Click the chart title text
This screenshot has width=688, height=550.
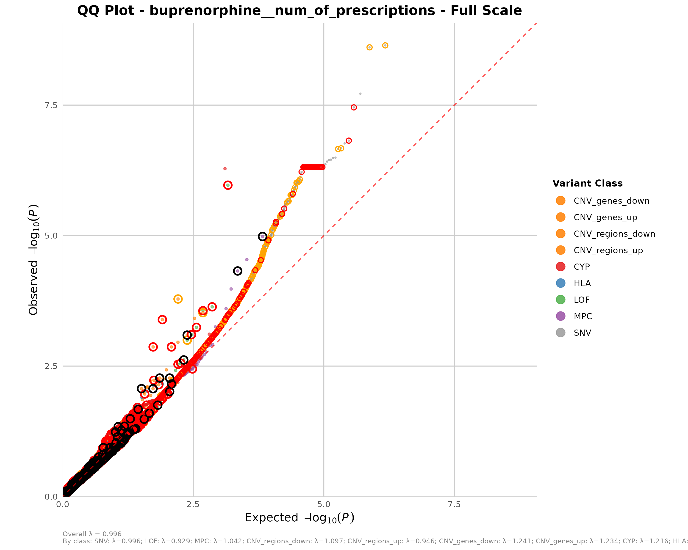299,11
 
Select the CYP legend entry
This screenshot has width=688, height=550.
581,267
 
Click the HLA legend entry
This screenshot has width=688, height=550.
582,283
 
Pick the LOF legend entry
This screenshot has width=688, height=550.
581,300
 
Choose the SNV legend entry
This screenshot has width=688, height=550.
582,333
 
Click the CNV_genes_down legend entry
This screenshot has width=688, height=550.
611,201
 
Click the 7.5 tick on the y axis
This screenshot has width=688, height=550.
51,105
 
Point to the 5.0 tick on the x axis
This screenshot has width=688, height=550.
324,504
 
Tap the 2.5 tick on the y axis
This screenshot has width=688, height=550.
51,366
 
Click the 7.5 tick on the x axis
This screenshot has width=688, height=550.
454,504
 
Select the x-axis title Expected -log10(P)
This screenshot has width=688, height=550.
299,518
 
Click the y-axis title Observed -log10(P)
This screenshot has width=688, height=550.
33,260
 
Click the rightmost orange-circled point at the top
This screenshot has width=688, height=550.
385,46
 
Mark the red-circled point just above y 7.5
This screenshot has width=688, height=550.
354,107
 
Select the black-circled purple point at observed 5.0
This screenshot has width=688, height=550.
262,236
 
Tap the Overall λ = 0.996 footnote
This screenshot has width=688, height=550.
92,534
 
